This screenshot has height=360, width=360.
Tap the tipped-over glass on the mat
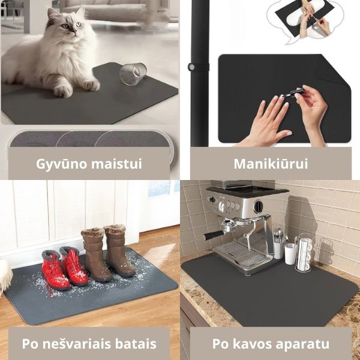[133, 74]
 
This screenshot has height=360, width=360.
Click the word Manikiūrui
[271, 163]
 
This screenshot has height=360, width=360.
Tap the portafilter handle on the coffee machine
[214, 234]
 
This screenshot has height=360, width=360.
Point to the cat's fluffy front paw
[62, 90]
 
